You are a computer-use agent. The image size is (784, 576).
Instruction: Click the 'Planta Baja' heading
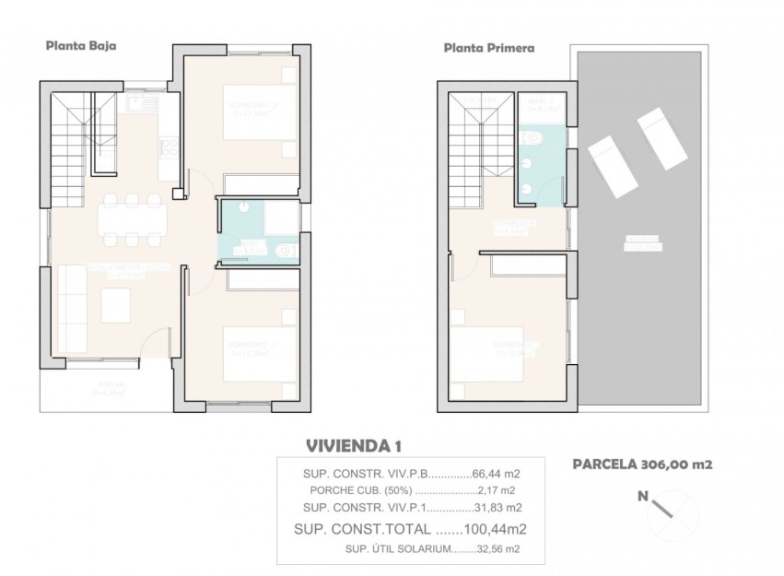pyautogui.click(x=81, y=44)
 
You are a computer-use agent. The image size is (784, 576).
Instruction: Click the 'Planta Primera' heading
pyautogui.click(x=489, y=47)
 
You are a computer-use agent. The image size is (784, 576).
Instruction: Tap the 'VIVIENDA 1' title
pyautogui.click(x=353, y=446)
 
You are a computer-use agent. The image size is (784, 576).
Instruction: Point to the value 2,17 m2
pyautogui.click(x=497, y=490)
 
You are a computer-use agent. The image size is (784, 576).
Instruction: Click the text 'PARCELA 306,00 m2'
pyautogui.click(x=642, y=465)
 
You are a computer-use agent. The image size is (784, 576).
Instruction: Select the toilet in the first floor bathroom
pyautogui.click(x=533, y=139)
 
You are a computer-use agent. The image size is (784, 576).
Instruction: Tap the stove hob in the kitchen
pyautogui.click(x=169, y=146)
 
